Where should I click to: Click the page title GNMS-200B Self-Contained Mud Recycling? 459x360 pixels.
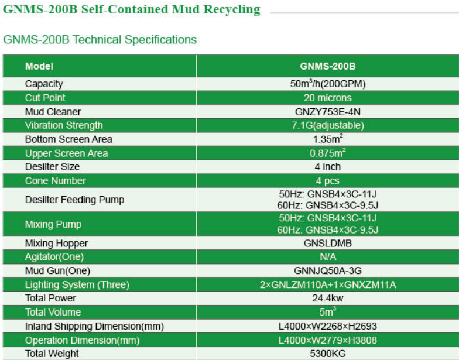coord(131,10)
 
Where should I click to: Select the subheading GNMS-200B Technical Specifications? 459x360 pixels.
coord(100,40)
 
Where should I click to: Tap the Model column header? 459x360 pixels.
coord(39,67)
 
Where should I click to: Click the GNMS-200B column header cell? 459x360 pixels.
coord(328,67)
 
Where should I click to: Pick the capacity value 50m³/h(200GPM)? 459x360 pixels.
coord(328,84)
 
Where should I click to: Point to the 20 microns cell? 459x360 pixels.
coord(328,98)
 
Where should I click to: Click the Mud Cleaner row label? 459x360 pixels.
coord(53,111)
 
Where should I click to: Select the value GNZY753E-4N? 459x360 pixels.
coord(328,111)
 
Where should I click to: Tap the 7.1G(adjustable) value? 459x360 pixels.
coord(328,125)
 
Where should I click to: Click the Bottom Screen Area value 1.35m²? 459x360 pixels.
coord(328,139)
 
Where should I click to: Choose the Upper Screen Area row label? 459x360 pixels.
coord(66,153)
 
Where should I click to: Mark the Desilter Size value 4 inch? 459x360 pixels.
coord(328,167)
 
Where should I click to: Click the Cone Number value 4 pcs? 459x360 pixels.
coord(328,181)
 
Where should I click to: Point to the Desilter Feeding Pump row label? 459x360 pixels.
coord(74,200)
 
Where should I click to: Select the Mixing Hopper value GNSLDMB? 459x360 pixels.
coord(328,243)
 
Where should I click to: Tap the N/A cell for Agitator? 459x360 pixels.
coord(328,256)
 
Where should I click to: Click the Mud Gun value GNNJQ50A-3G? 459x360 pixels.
coord(328,270)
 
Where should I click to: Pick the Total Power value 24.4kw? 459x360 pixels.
coord(328,298)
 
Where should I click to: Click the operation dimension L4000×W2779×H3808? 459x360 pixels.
coord(328,340)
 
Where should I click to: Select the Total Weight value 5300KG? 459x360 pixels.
coord(328,354)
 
